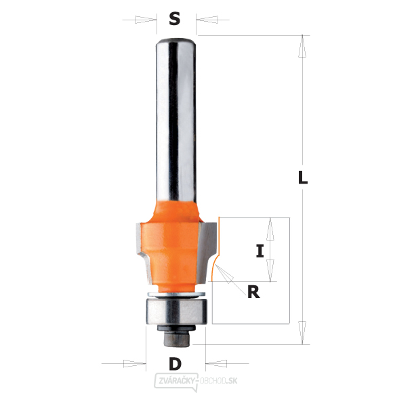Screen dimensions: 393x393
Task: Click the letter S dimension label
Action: pos(174,19)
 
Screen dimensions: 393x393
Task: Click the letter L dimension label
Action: pos(303,178)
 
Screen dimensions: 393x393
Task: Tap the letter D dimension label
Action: pos(175,364)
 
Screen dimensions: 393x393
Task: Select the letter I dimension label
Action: pos(260,251)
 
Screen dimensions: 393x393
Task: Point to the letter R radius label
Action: pos(253,292)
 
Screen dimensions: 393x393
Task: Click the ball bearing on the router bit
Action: pos(176,311)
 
